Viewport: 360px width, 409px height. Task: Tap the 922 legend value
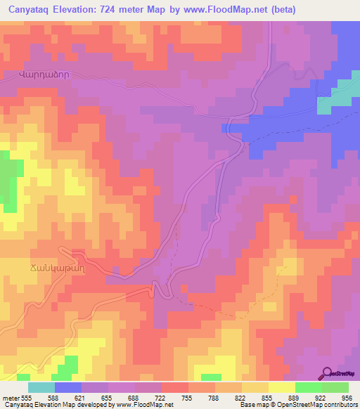point(322,398)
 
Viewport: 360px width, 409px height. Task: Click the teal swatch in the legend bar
point(41,387)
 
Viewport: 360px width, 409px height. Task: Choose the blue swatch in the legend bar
point(68,387)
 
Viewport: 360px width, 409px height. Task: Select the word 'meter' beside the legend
point(9,398)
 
